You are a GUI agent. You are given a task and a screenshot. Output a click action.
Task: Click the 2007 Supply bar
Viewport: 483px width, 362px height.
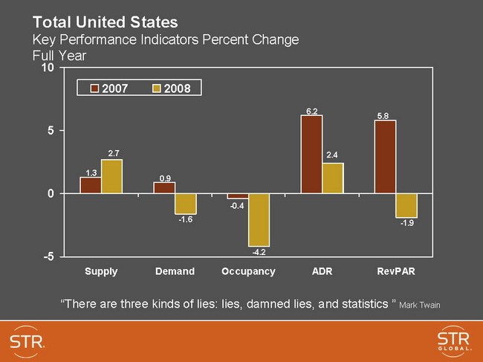pos(91,185)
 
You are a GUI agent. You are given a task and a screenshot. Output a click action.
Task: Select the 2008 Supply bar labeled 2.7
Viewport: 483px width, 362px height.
pos(111,176)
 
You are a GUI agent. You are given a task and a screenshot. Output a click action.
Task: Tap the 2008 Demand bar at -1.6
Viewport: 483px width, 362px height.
pos(185,204)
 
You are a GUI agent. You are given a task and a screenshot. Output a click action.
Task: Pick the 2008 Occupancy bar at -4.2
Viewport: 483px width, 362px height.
pos(259,220)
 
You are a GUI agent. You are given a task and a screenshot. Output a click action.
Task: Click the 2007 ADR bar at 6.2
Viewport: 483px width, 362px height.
pos(311,154)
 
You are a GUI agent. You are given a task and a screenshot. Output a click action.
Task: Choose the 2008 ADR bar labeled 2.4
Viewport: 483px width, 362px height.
pos(333,178)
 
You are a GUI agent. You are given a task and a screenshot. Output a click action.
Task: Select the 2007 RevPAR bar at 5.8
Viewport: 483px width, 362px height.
pos(385,157)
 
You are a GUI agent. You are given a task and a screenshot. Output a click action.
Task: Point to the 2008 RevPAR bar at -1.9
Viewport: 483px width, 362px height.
pos(406,205)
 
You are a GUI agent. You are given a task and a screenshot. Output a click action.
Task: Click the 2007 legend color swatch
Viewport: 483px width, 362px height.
pos(95,88)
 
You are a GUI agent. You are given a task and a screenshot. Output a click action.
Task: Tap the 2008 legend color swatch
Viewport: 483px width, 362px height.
pos(156,88)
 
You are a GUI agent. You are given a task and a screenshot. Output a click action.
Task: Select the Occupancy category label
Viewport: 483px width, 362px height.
pos(248,272)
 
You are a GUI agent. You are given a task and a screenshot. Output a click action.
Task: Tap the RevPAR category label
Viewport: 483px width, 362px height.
pos(395,272)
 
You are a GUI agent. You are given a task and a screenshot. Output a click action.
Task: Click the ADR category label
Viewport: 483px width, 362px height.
pos(322,272)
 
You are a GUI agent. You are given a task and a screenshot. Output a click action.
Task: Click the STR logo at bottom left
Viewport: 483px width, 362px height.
pos(28,341)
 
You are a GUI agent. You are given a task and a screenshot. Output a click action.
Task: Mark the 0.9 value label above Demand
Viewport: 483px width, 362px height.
pos(165,178)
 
